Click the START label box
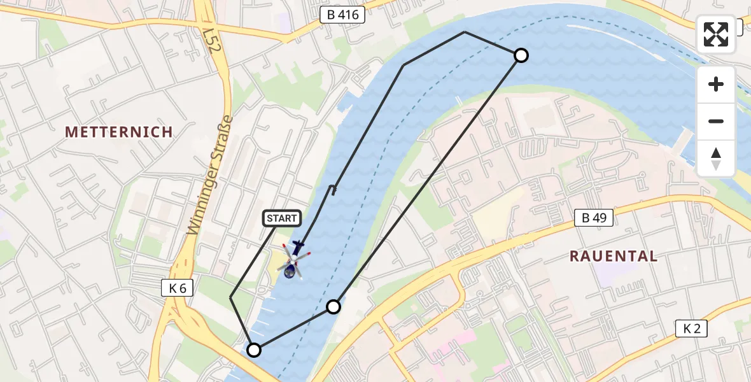(281, 218)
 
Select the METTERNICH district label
(119, 132)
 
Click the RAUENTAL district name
(613, 256)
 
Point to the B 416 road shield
(342, 15)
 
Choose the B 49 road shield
(593, 218)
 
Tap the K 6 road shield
(178, 288)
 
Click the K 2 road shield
(691, 329)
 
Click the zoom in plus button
(716, 84)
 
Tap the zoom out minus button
(716, 121)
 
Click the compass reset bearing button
(716, 159)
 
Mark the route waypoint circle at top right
(521, 55)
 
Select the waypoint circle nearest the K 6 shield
(254, 350)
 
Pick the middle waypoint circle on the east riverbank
(333, 307)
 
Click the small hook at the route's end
(332, 188)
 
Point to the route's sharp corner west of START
(230, 297)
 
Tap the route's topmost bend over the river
(465, 32)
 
